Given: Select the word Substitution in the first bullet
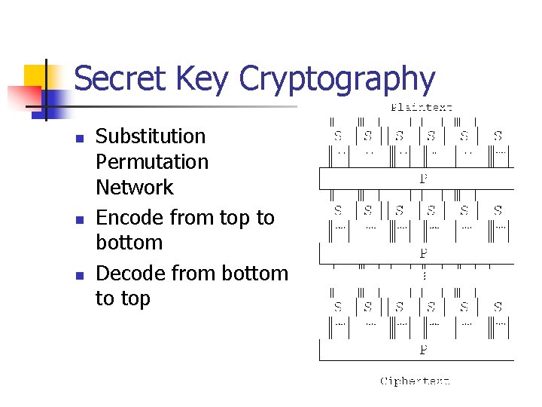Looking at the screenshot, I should (151, 136).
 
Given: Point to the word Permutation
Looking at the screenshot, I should (152, 162).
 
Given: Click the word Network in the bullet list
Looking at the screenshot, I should (134, 187).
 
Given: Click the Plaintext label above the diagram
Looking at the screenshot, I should (422, 108).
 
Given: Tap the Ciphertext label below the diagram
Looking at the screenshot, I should (416, 381).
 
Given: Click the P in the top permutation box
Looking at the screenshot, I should (424, 179).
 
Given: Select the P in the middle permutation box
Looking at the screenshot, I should (424, 254).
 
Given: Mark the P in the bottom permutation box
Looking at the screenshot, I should (424, 350).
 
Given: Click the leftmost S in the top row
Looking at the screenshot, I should (338, 136).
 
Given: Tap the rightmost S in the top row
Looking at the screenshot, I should (498, 136).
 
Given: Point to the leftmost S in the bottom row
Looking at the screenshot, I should (338, 307).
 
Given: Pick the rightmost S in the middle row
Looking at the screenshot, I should (498, 210).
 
